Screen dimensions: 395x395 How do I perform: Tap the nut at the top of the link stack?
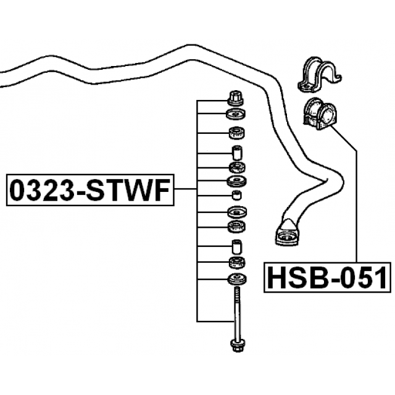pos(236,97)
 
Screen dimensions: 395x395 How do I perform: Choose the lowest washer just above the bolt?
pos(236,280)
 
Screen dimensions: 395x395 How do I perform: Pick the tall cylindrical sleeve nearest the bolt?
pos(236,246)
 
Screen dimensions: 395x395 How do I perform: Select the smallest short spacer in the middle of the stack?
pos(236,196)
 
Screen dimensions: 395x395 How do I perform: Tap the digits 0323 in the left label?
pos(41,189)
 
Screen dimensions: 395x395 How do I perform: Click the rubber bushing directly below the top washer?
pos(236,131)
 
